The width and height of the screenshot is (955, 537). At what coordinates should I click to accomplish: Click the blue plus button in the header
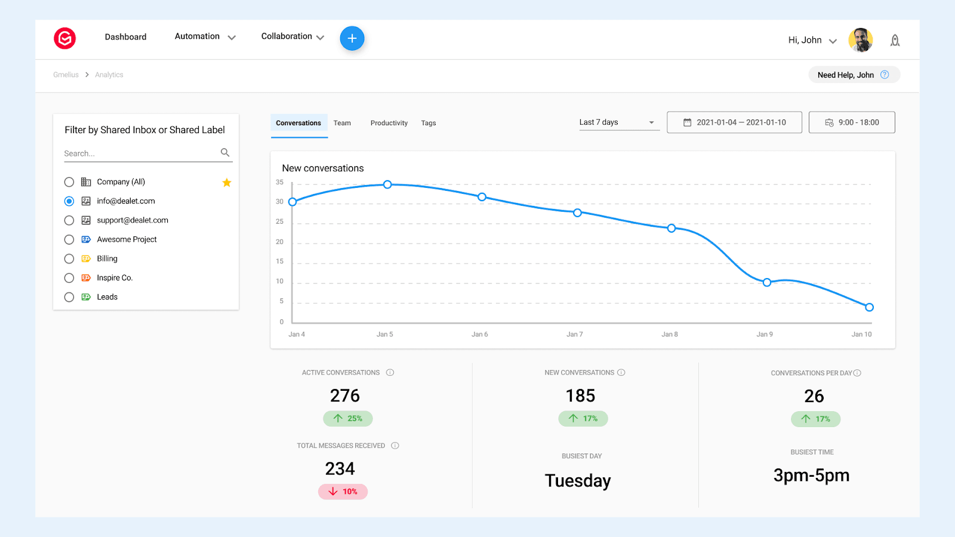352,38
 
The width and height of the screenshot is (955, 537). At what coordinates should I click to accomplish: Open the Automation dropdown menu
205,37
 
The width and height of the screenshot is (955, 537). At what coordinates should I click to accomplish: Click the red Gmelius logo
65,38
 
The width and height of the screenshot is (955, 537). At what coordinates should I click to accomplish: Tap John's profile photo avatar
860,40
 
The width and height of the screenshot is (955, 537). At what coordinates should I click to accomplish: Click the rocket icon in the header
895,41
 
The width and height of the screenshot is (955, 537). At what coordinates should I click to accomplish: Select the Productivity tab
389,123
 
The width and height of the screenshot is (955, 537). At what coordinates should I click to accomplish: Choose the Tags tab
428,123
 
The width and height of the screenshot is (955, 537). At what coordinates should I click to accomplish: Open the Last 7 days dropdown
617,122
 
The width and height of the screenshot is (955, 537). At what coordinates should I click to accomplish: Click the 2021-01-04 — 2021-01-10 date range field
734,122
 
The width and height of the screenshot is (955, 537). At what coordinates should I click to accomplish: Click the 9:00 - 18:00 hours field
852,122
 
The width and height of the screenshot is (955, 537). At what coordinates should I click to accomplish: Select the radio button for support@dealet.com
69,220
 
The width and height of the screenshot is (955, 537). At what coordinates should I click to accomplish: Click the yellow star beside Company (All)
227,183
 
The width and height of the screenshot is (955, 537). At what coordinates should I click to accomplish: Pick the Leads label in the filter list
107,297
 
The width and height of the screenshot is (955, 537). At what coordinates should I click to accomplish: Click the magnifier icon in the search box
225,153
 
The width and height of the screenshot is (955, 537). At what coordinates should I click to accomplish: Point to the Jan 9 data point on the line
767,282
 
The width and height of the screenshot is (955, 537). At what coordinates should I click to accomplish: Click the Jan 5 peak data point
387,184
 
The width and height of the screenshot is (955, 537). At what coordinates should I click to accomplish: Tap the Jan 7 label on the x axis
574,334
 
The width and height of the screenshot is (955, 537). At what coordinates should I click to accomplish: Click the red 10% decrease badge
343,492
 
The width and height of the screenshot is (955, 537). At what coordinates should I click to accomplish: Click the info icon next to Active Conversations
390,372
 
